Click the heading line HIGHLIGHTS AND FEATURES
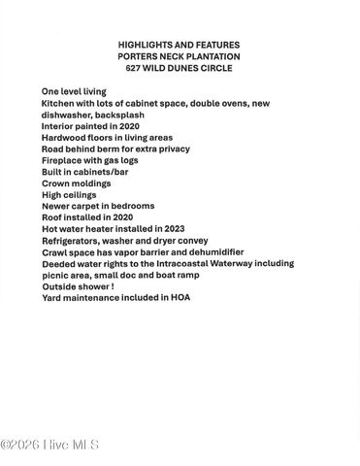coord(179,45)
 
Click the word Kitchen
coord(57,102)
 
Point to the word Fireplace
coord(63,160)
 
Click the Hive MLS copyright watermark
coord(49,446)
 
